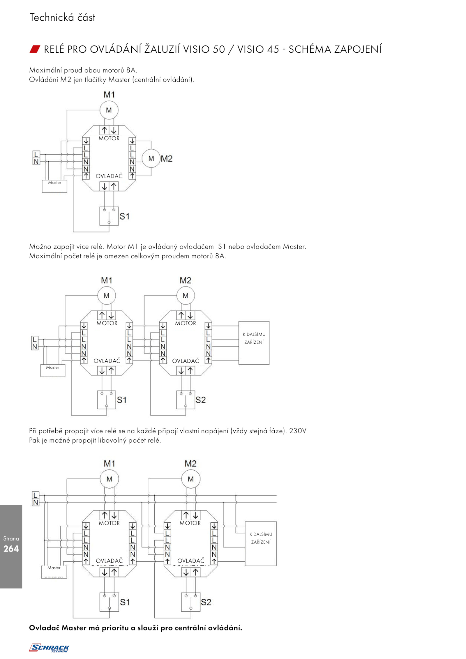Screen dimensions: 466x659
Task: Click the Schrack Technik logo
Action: click(x=49, y=648)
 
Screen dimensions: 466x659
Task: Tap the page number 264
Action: click(x=11, y=549)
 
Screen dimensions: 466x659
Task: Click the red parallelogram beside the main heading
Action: click(x=35, y=49)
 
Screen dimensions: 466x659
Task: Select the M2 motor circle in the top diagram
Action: click(x=151, y=158)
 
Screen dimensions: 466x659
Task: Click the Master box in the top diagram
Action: click(x=54, y=186)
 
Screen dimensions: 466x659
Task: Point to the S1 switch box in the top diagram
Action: click(x=109, y=216)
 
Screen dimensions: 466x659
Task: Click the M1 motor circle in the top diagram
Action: click(x=109, y=110)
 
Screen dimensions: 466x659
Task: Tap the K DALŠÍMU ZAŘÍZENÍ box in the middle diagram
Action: click(x=254, y=343)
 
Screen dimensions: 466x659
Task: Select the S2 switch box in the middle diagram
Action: click(x=186, y=400)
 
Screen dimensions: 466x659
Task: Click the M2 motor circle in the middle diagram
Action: click(x=186, y=295)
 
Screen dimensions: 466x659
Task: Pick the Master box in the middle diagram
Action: click(x=53, y=370)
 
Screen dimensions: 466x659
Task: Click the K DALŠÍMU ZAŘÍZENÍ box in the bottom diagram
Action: click(x=261, y=543)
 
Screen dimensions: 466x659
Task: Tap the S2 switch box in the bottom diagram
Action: click(x=191, y=602)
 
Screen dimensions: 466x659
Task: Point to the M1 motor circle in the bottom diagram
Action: click(x=109, y=479)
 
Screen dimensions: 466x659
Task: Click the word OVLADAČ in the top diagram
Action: click(x=109, y=176)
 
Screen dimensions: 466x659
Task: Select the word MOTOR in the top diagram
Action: click(x=109, y=138)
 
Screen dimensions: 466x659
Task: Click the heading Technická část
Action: click(x=62, y=17)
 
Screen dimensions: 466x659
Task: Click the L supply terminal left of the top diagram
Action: click(x=36, y=154)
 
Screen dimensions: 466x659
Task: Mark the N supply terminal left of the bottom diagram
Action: click(x=36, y=502)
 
